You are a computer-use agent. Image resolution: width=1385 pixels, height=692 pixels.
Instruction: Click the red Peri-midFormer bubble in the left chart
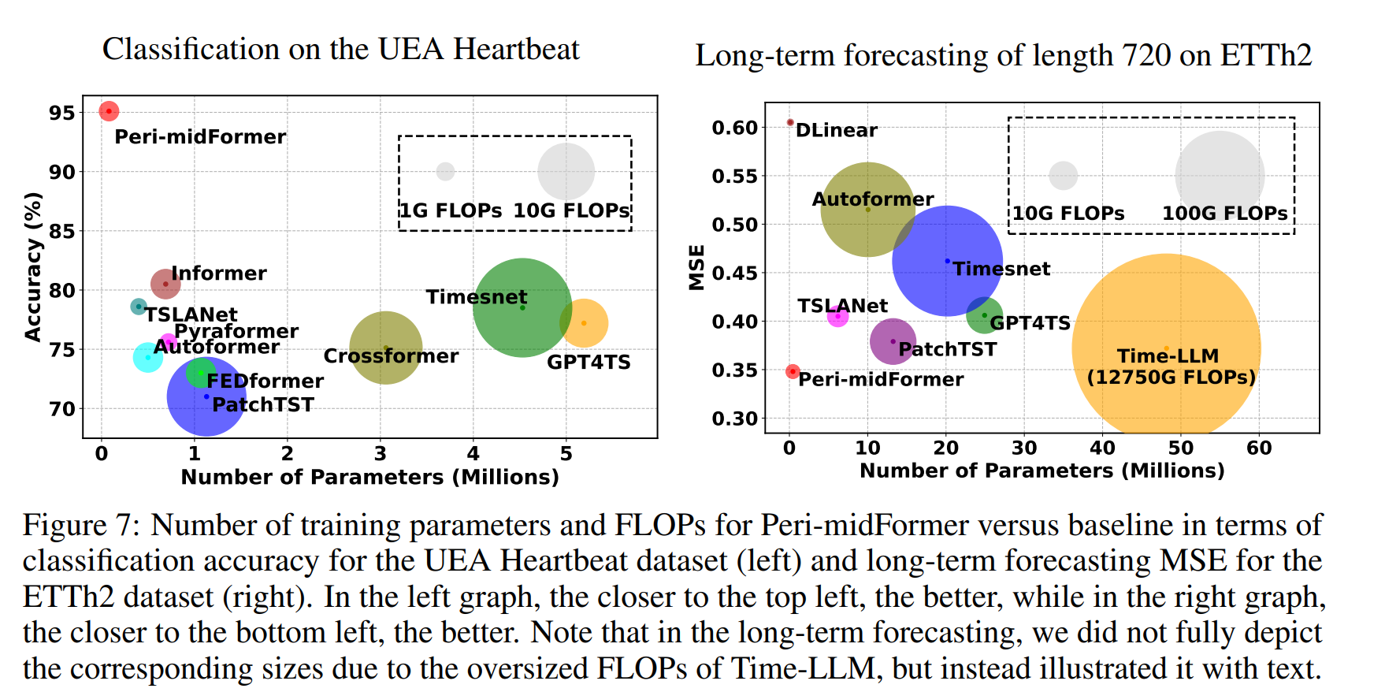coord(109,111)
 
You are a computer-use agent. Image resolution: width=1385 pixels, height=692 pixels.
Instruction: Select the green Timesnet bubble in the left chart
coord(522,307)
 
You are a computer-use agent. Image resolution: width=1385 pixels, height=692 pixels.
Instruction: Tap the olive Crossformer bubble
coord(385,348)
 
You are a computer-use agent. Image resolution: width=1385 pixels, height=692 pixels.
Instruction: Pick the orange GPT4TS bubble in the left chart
coord(584,323)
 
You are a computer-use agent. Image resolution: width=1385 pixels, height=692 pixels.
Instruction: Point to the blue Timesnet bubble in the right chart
coord(947,261)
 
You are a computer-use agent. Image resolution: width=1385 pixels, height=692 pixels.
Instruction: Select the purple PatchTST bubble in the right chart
coord(893,341)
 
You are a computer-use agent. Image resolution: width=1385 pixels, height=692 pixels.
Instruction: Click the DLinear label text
coord(836,130)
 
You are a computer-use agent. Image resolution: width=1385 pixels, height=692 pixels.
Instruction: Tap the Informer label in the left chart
coord(219,273)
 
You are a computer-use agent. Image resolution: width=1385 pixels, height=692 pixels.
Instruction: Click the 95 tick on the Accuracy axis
coord(61,113)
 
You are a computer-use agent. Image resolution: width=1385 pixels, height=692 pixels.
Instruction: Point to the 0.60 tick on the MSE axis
coord(734,128)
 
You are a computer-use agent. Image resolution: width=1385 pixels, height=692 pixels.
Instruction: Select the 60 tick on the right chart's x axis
coord(1258,448)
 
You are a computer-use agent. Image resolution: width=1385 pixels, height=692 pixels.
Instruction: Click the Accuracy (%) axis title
coord(33,266)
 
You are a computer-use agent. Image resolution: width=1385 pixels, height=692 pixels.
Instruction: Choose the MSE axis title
coord(696,267)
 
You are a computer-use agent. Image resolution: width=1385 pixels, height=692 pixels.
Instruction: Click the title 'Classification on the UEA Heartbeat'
coord(340,49)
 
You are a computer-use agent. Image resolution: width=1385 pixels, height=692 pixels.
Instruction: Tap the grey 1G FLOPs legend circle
coord(445,171)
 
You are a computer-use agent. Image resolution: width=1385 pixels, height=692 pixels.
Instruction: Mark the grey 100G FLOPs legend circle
coord(1219,176)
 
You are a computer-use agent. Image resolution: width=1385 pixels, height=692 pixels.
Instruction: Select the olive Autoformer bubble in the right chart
coord(867,210)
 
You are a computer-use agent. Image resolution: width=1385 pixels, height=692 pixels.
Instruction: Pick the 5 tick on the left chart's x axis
coord(566,453)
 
